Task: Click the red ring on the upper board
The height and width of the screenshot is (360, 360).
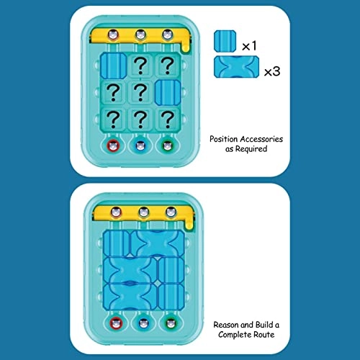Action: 113,147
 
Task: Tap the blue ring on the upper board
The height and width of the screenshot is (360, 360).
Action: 140,147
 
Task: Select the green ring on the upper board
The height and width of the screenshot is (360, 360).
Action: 168,147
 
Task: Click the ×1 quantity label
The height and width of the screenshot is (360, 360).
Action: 249,45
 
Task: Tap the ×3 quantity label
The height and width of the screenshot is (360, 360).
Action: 271,72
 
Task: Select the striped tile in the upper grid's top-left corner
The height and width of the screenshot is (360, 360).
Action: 114,65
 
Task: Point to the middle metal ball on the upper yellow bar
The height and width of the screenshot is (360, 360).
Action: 140,35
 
